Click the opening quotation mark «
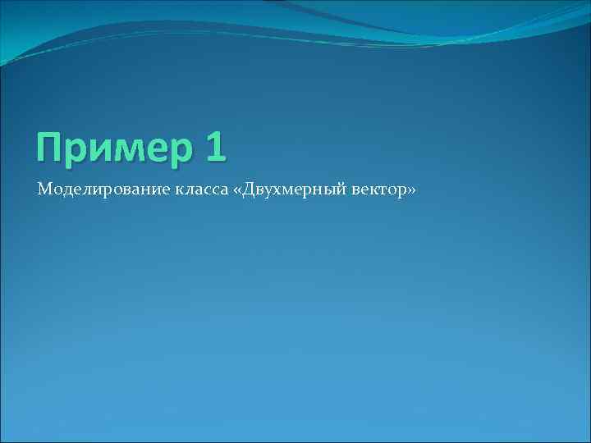(x=239, y=191)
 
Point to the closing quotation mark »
(x=411, y=191)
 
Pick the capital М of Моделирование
(x=44, y=190)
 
